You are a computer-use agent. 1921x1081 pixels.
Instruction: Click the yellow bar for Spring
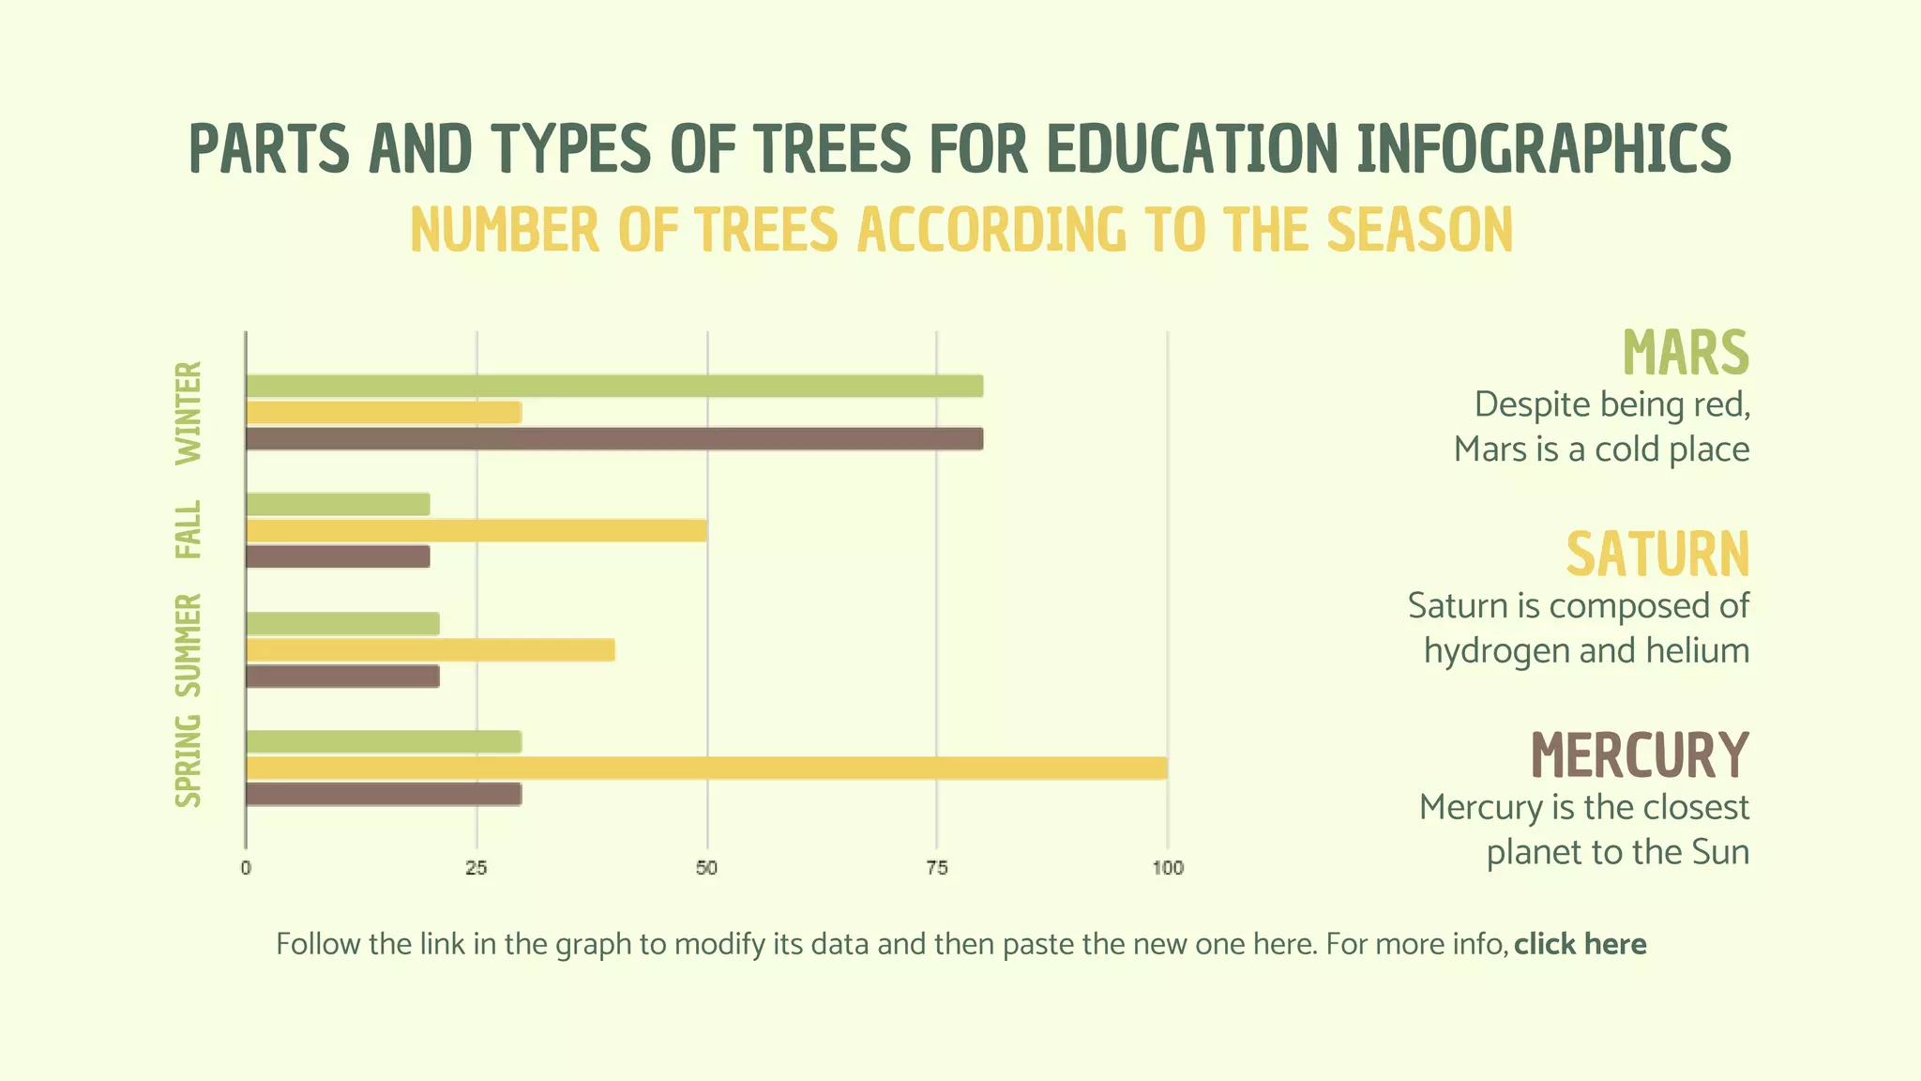(705, 768)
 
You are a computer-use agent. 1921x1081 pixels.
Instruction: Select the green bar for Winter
(614, 386)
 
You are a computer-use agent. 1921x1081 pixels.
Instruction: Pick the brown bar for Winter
(614, 439)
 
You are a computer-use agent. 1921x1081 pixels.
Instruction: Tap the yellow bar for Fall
(476, 530)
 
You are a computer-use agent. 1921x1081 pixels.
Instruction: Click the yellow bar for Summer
(430, 650)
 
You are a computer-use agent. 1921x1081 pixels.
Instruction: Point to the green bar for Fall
(338, 504)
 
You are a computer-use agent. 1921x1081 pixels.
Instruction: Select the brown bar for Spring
(383, 794)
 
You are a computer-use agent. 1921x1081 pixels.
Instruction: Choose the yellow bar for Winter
(383, 412)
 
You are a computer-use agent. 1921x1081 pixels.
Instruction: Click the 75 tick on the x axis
(936, 868)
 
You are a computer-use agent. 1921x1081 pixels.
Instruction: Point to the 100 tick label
(1168, 868)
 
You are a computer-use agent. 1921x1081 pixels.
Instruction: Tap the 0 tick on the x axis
(246, 868)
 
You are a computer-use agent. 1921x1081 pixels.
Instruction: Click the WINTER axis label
(189, 413)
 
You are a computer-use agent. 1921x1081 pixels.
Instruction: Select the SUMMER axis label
(189, 645)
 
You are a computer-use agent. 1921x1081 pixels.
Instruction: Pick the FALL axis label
(189, 529)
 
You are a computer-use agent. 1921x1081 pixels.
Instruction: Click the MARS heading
(1686, 353)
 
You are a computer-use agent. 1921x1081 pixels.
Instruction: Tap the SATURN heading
(1657, 554)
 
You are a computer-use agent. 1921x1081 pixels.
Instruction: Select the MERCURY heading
(1640, 755)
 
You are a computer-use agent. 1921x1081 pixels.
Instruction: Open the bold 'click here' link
(1580, 944)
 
